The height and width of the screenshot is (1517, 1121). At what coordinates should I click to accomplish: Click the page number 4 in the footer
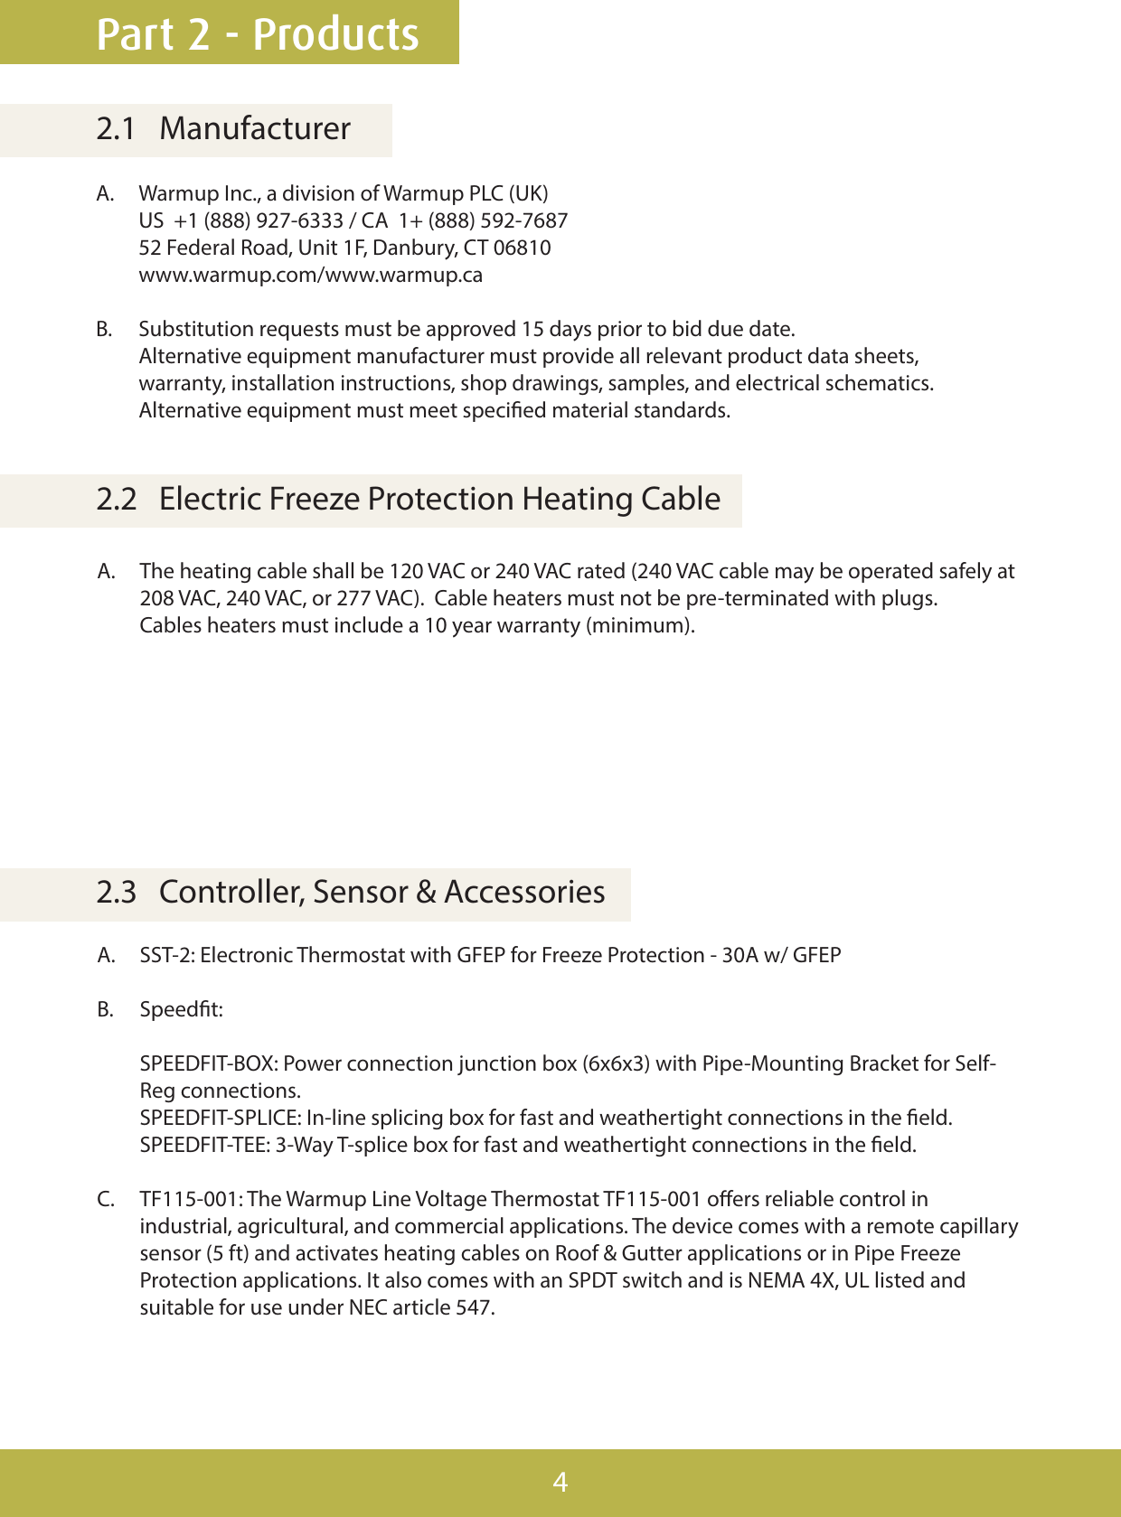point(560,1483)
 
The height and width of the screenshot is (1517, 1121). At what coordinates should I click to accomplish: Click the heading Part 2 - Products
point(258,34)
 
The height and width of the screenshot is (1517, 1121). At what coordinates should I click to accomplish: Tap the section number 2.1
point(116,129)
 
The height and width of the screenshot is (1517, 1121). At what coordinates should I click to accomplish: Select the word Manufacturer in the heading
point(255,129)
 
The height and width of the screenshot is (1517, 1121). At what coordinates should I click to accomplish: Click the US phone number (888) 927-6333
point(273,221)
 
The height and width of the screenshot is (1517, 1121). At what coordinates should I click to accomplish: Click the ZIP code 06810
point(522,248)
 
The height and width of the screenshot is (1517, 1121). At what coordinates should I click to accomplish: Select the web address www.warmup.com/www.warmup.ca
point(310,276)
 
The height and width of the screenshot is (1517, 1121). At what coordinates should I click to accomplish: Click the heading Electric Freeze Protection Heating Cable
point(439,500)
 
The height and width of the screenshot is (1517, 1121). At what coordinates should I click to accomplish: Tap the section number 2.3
point(116,893)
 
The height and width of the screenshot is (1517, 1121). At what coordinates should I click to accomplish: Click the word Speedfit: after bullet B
point(181,1010)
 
